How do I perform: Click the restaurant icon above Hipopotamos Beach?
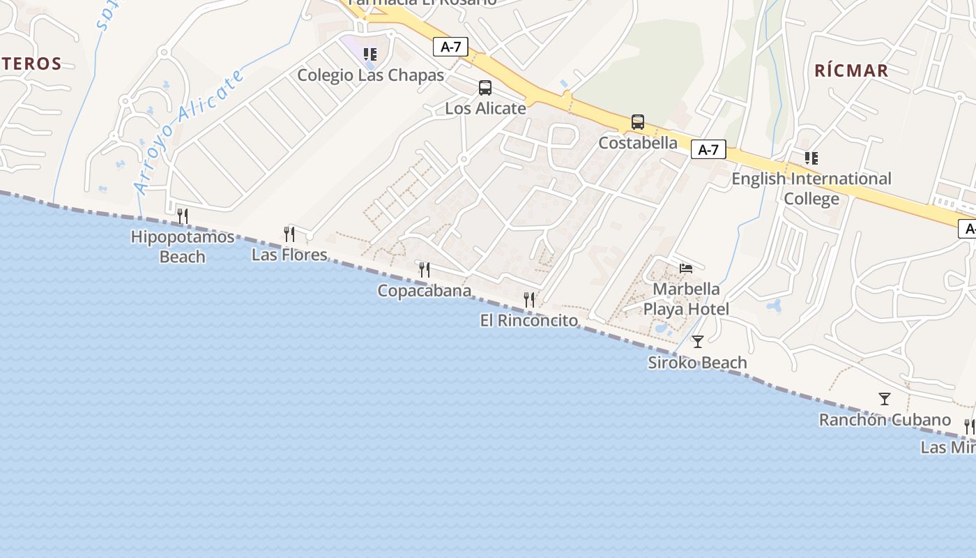click(183, 216)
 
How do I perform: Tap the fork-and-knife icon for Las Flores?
click(289, 234)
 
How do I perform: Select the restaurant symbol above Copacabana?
click(424, 270)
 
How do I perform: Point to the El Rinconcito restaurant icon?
click(530, 300)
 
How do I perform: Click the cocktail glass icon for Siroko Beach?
click(697, 342)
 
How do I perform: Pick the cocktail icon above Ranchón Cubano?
click(885, 399)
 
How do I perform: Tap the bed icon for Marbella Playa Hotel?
click(687, 269)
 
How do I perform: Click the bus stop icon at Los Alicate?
click(485, 89)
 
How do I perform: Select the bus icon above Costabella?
click(638, 122)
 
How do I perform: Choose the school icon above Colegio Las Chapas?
click(370, 54)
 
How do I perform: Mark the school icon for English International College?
click(811, 158)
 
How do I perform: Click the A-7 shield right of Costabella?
click(708, 149)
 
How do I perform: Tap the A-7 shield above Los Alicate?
click(451, 47)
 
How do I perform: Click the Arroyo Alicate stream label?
click(189, 130)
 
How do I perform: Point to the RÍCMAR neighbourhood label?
click(851, 70)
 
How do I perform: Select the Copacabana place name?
click(424, 291)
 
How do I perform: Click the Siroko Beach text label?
click(697, 363)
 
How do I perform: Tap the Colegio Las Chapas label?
click(370, 75)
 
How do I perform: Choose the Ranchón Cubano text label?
click(885, 420)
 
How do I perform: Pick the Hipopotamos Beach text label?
click(183, 247)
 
